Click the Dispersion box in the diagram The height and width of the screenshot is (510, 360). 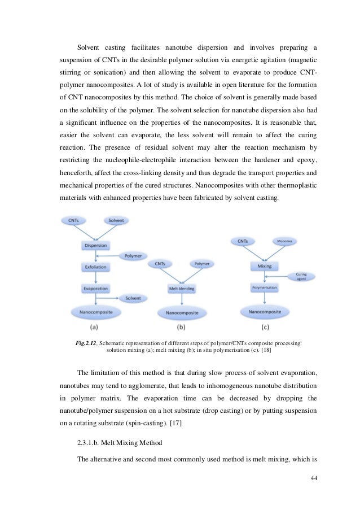[x=95, y=246]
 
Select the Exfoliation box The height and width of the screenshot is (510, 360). [x=95, y=267]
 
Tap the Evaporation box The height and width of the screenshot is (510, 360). [x=95, y=288]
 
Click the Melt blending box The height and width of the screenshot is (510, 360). [x=182, y=289]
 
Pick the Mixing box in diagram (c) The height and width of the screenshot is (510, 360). [x=264, y=265]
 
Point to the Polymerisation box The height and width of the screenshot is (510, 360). [x=264, y=287]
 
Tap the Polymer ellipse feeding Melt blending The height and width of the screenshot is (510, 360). [x=201, y=264]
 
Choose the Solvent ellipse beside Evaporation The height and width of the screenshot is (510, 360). [x=133, y=298]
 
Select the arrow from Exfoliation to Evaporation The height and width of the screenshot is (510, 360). [x=95, y=277]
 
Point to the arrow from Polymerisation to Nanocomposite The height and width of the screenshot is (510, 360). [x=264, y=299]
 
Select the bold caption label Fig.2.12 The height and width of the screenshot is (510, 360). [x=86, y=342]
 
